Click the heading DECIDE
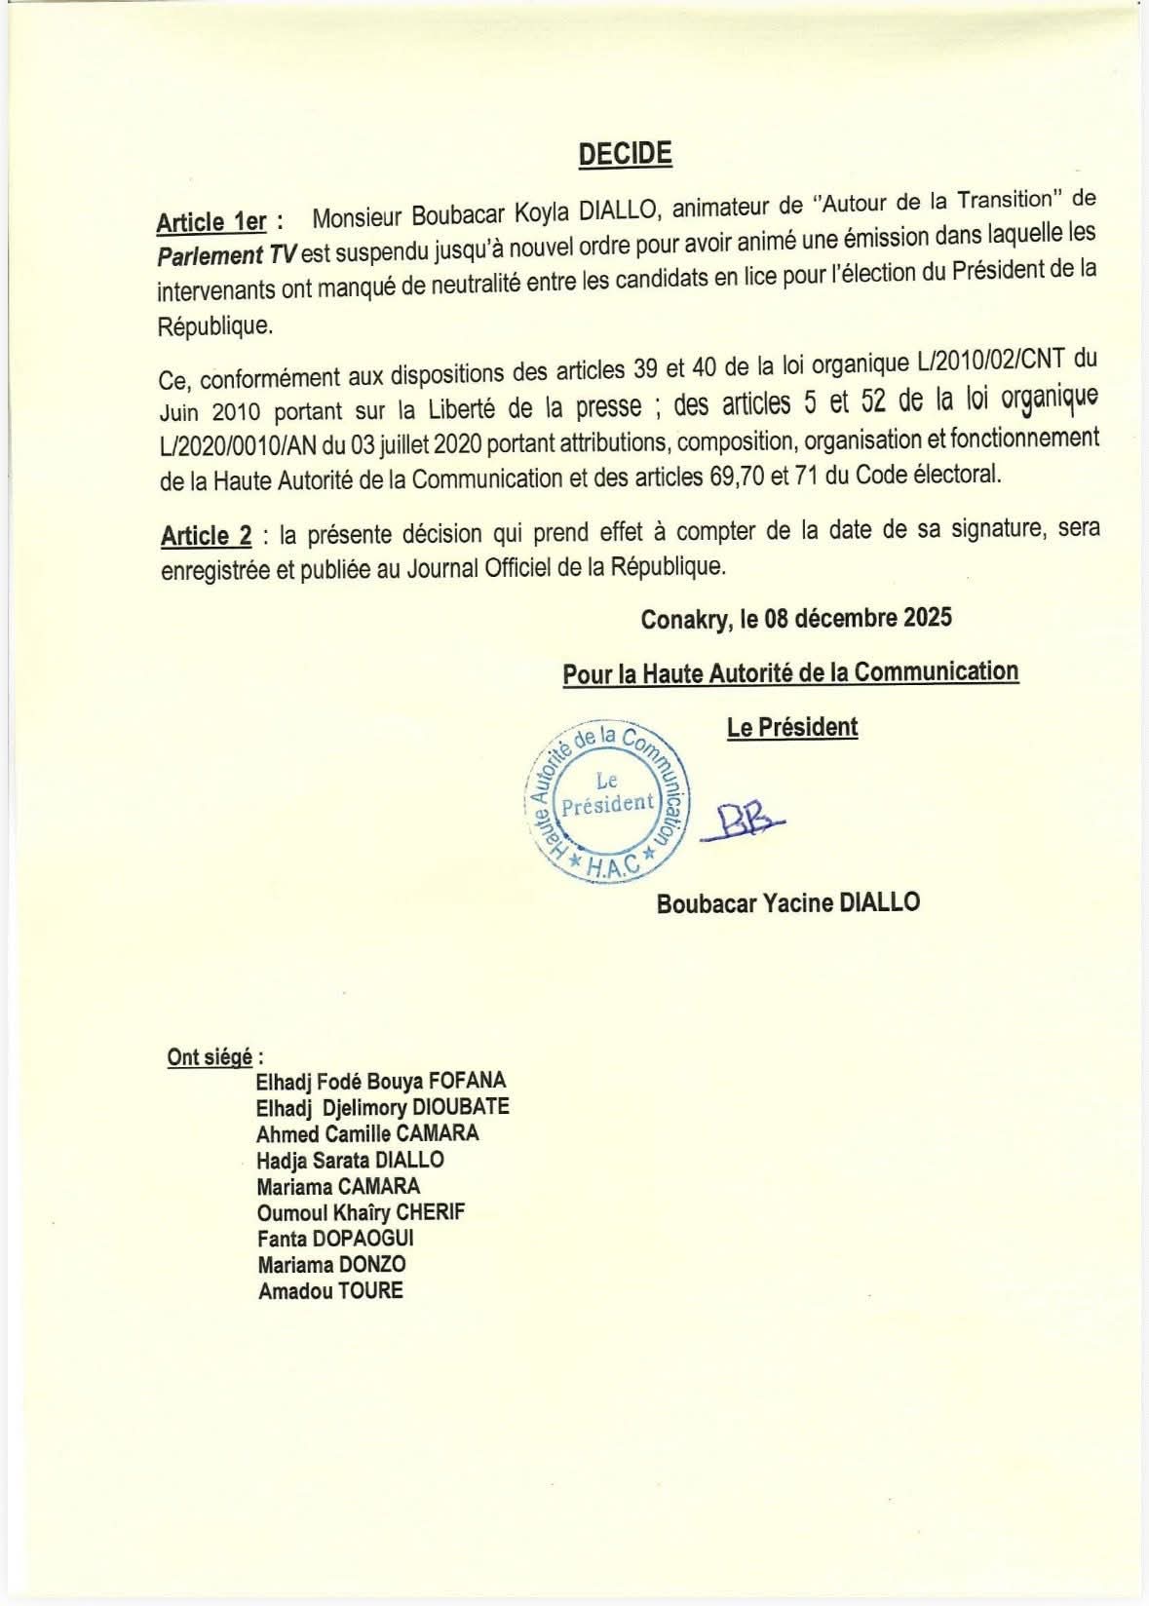click(625, 154)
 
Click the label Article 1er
click(211, 222)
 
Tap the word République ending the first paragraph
click(213, 325)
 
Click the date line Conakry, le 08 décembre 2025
click(796, 619)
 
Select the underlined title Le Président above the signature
click(792, 727)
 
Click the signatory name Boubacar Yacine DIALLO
click(787, 902)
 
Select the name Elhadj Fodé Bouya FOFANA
click(381, 1081)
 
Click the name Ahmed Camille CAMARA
click(367, 1133)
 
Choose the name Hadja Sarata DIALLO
click(350, 1160)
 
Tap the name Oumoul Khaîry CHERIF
click(361, 1212)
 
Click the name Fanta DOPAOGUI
click(335, 1239)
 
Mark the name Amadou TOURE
click(330, 1291)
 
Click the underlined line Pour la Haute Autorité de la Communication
click(790, 672)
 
